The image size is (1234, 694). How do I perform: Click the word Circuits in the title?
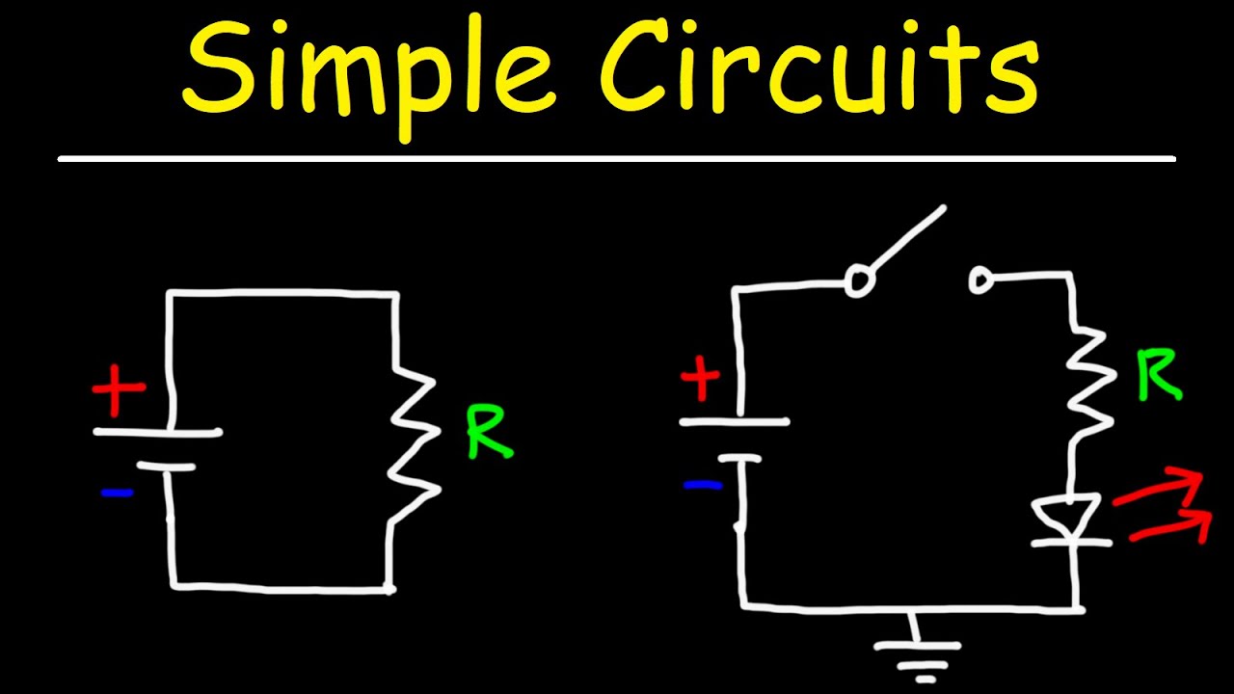[819, 69]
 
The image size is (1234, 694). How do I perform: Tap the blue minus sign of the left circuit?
[117, 493]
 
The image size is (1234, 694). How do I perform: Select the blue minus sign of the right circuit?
[703, 485]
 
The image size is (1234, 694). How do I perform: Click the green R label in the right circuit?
[1158, 375]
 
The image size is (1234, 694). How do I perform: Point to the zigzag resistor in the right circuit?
[1087, 381]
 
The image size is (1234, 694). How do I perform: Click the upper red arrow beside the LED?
[1162, 489]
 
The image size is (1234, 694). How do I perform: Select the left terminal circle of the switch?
[857, 281]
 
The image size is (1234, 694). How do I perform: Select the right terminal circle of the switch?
[981, 280]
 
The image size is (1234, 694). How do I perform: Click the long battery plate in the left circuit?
[158, 433]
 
